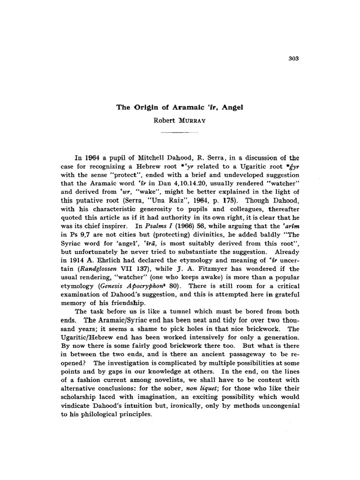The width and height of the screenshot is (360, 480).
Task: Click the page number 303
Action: tap(294, 59)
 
